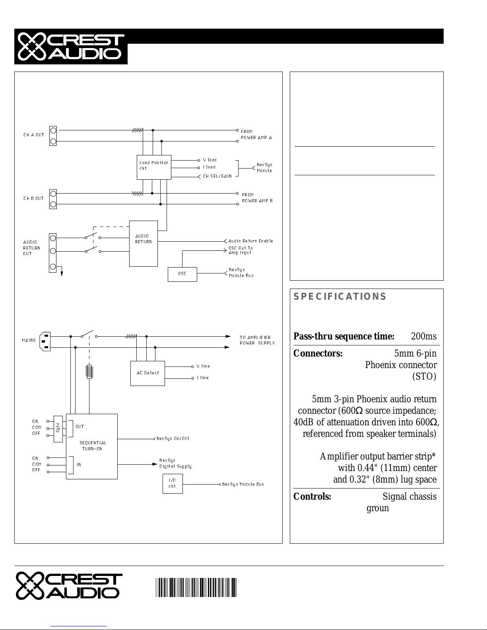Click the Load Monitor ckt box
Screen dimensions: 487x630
coord(154,167)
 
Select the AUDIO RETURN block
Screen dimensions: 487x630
coord(144,244)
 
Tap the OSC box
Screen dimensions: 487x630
coord(182,274)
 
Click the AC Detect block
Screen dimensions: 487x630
coord(147,373)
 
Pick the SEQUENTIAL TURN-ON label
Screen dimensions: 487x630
coord(93,446)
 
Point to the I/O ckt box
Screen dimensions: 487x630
coord(173,484)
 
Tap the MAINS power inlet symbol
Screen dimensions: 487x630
coord(45,341)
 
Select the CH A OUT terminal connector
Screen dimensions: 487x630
coord(53,136)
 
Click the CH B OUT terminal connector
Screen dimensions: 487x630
coord(53,199)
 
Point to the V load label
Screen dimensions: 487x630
coord(210,160)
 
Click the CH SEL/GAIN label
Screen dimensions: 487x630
coord(217,176)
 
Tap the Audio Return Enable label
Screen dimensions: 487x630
coord(251,241)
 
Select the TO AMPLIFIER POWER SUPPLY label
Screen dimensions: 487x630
coord(257,340)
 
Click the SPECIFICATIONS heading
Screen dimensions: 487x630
coord(340,296)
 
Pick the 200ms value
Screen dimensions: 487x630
coord(423,336)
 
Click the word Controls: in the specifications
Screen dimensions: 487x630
coord(312,496)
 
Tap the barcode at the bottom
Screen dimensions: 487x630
coord(196,588)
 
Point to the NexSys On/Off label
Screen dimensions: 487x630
coord(173,439)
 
